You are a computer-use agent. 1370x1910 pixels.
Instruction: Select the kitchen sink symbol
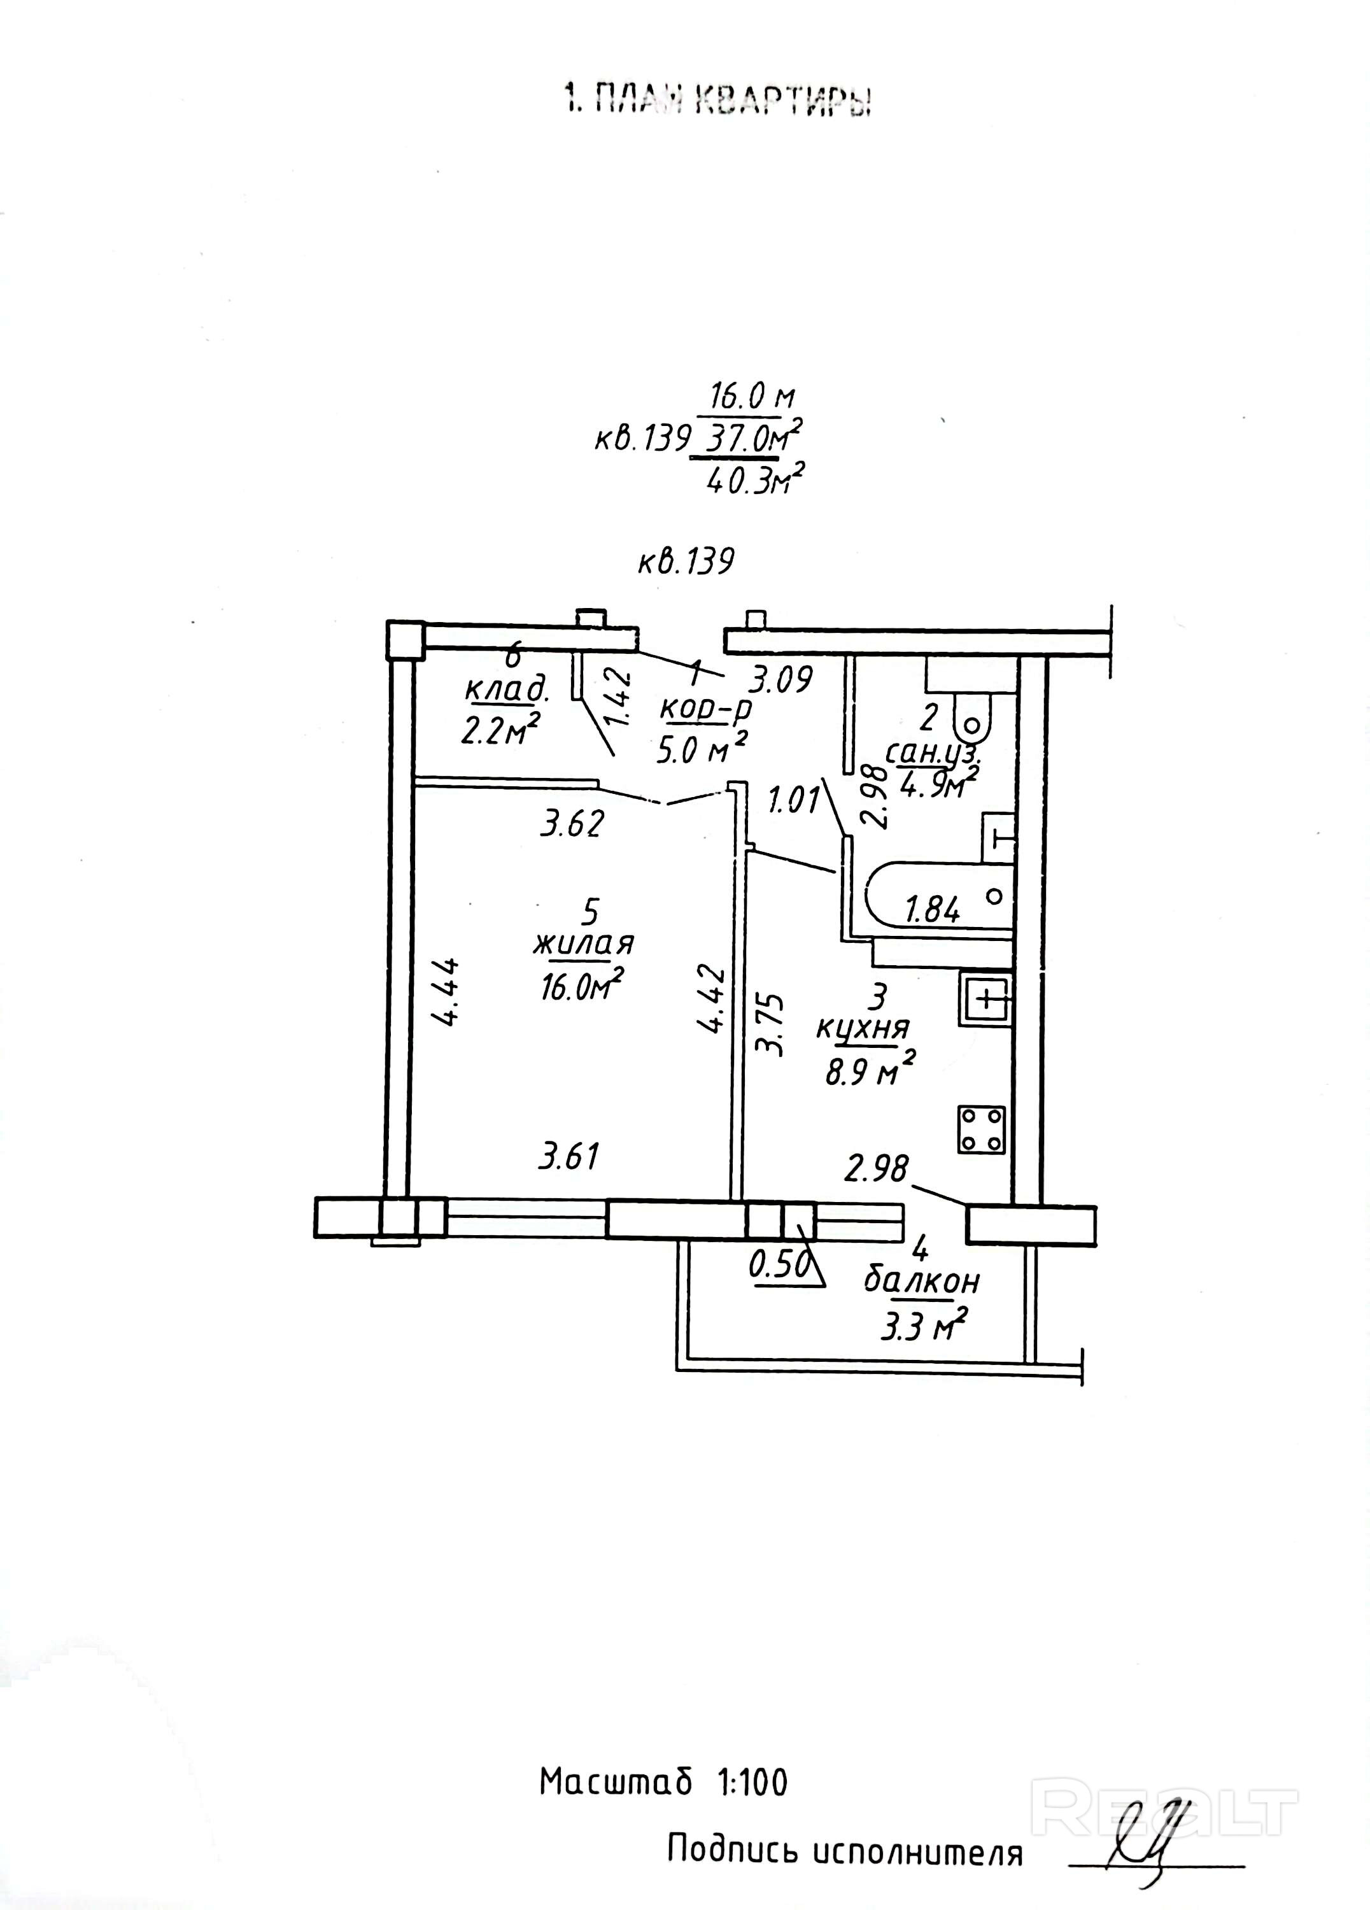[985, 1000]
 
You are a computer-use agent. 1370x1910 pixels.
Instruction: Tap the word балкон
[921, 1282]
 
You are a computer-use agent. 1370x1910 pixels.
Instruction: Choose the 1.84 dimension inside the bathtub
[932, 910]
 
